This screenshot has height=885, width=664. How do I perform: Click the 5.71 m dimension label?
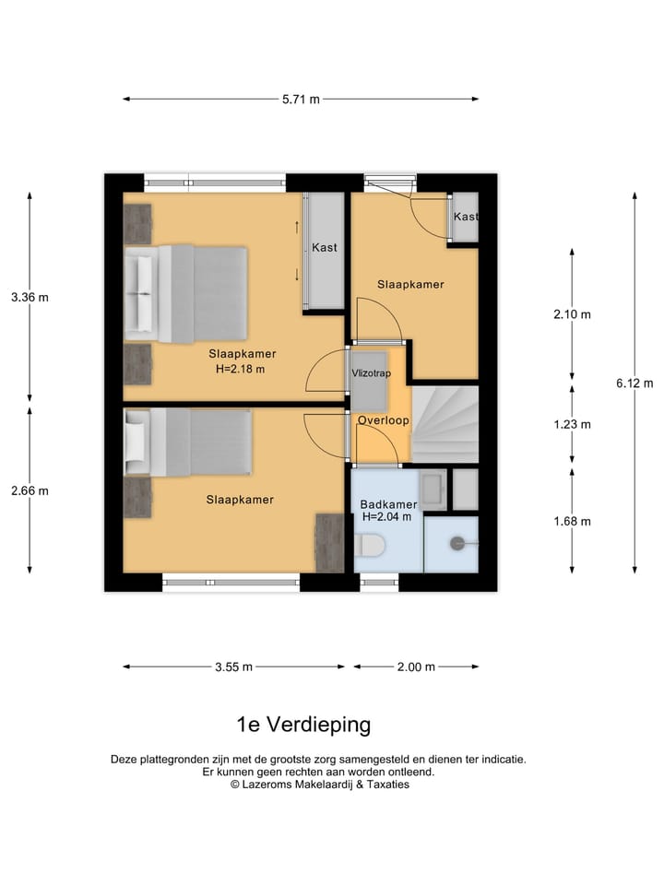tap(301, 100)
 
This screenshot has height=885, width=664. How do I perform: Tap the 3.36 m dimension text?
tap(30, 298)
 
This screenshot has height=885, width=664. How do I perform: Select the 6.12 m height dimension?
tap(635, 383)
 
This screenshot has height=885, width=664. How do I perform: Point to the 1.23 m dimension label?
tap(572, 425)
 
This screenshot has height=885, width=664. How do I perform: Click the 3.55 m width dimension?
tap(234, 667)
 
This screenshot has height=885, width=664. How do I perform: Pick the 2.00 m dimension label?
tap(416, 667)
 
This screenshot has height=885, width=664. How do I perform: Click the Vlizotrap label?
tap(369, 373)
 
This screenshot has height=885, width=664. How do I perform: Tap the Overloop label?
tap(383, 419)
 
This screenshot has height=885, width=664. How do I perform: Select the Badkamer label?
tap(388, 504)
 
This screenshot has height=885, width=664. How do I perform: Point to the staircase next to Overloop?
tap(445, 424)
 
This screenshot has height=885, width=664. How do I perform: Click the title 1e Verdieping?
tap(303, 725)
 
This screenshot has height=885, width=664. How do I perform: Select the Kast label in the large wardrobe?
tap(324, 248)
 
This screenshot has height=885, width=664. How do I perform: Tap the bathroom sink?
tap(433, 490)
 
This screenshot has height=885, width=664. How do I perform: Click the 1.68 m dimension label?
tap(572, 521)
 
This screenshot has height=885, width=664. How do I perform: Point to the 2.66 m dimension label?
tap(30, 490)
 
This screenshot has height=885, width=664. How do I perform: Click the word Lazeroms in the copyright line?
tap(272, 785)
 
